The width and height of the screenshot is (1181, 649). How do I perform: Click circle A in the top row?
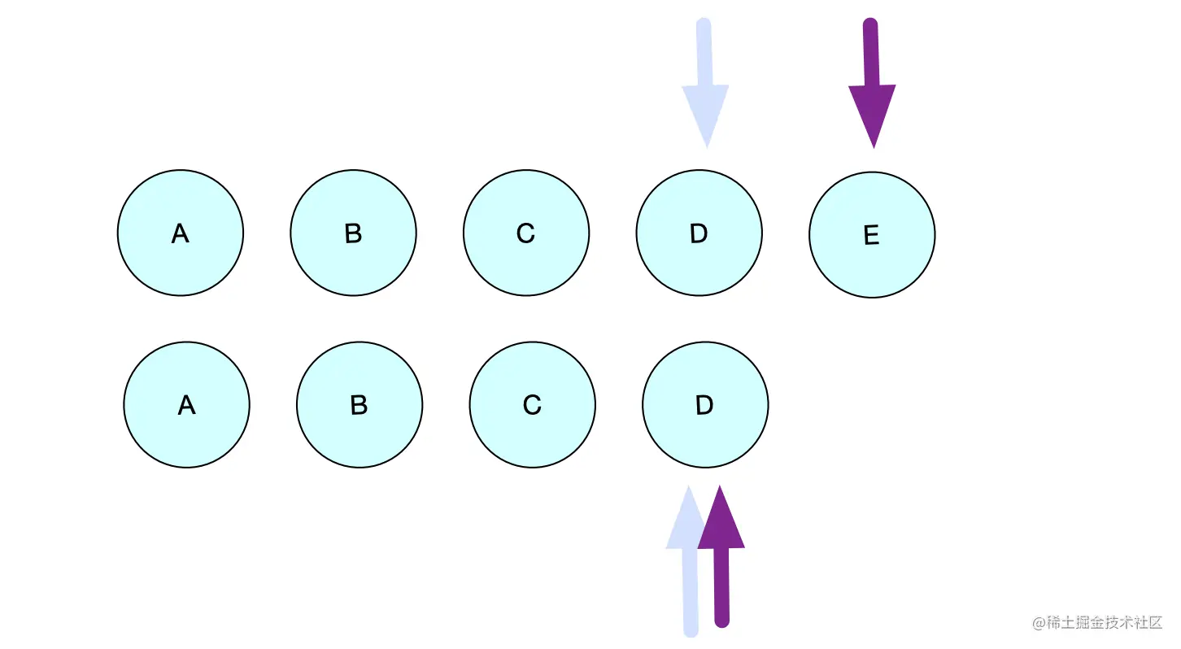tap(181, 233)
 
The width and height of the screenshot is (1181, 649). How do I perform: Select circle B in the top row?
tap(353, 233)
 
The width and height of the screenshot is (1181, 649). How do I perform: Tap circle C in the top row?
tap(526, 233)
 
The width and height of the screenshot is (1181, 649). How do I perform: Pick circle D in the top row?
tap(699, 233)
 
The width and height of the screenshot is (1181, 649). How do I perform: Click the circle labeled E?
tap(872, 235)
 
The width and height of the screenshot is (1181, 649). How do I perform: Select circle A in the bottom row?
tap(187, 404)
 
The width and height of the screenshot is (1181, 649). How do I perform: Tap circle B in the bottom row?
tap(360, 404)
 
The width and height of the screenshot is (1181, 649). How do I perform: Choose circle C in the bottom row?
tap(532, 404)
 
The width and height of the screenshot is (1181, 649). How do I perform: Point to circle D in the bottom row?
tap(705, 404)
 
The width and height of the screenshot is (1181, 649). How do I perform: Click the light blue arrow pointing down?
tap(704, 81)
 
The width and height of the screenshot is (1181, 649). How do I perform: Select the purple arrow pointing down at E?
tap(872, 81)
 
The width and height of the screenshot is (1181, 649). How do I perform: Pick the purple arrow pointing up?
tap(721, 561)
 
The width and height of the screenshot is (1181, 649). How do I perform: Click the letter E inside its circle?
tap(871, 236)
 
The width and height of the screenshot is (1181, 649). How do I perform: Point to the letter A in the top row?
tap(181, 234)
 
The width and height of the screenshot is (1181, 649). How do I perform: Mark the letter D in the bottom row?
tap(704, 405)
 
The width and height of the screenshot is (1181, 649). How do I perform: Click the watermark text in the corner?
tap(1098, 623)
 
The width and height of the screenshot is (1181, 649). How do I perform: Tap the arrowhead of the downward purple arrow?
tap(873, 114)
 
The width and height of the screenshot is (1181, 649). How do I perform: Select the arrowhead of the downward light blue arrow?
tap(706, 114)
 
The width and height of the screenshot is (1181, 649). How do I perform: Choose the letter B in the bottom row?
tap(359, 405)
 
